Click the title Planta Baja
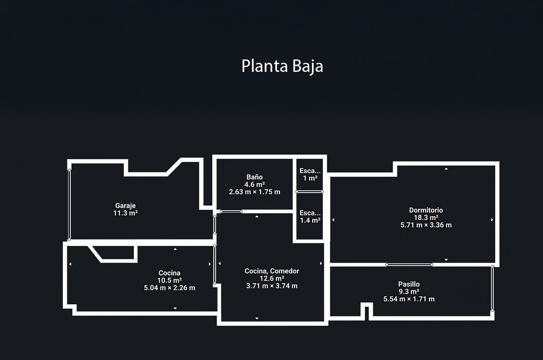coord(282,66)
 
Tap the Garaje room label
coord(125,206)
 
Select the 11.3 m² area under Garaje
coord(125,213)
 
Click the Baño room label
coord(254,177)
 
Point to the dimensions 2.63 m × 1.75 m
coord(254,192)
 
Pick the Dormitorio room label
coord(426,210)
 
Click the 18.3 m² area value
coord(426,218)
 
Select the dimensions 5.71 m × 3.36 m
coord(426,225)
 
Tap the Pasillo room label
coord(409,284)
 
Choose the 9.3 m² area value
coord(409,292)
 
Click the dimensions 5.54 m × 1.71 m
coord(409,299)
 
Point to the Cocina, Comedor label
coord(271,271)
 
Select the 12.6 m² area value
coord(271,279)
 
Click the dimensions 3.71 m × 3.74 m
coord(271,286)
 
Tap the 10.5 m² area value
coord(169,281)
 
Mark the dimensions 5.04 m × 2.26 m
coord(169,288)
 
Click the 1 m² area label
coord(310,178)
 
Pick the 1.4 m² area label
coord(310,220)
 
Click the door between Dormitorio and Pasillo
coord(409,264)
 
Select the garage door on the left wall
coord(69,205)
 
